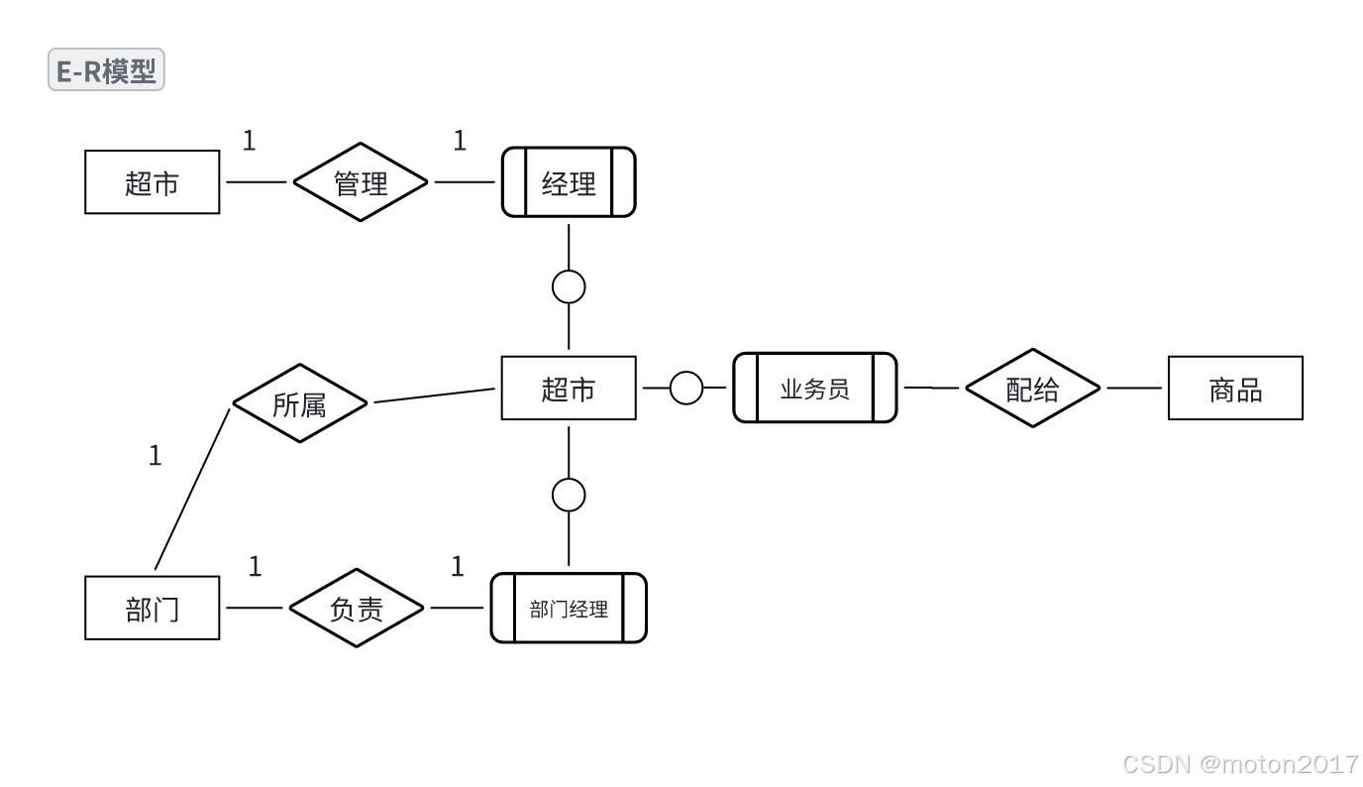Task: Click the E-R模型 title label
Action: point(106,71)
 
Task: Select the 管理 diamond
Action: point(361,182)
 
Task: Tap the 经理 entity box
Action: point(569,182)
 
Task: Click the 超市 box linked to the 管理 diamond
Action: point(153,182)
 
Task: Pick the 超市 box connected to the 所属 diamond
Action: point(569,389)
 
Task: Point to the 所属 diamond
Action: point(299,403)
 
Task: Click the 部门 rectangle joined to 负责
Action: point(153,608)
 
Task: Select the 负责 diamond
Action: point(357,608)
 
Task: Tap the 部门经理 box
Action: point(569,608)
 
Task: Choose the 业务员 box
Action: point(814,389)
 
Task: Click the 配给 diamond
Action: point(1032,389)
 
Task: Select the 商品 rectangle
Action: point(1235,389)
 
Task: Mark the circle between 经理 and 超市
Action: point(569,286)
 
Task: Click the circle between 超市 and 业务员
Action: point(685,389)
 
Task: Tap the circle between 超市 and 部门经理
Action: point(569,495)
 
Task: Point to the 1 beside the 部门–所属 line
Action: point(155,456)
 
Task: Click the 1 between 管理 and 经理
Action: point(460,142)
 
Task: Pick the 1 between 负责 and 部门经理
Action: point(458,567)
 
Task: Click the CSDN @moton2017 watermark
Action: point(1240,764)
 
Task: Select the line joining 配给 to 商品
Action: point(1134,389)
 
